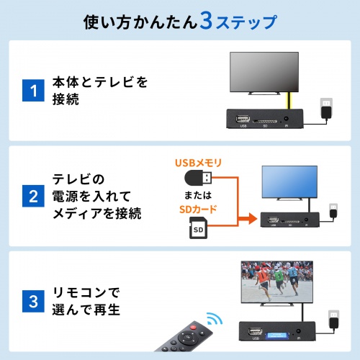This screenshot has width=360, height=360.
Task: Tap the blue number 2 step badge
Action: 30,195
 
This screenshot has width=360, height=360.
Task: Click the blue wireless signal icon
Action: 212,318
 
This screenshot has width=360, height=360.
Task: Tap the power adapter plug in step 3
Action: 332,320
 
